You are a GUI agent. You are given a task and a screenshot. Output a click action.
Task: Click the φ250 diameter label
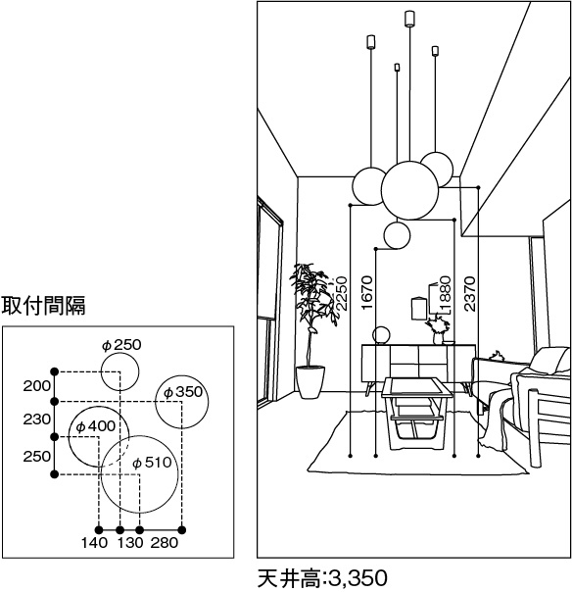coord(121,345)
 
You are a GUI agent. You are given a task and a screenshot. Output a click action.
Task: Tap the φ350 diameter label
coord(183,392)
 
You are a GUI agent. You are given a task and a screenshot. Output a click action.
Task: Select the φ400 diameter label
coord(95,426)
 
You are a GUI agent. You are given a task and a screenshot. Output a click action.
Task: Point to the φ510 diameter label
coord(152,463)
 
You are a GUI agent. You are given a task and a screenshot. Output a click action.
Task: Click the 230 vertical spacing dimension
coord(36,419)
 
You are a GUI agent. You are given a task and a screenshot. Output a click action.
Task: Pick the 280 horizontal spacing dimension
coord(165,543)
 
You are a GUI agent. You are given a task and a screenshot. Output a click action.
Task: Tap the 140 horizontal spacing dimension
coord(94,543)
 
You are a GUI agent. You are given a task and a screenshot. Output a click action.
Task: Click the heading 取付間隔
coord(43,305)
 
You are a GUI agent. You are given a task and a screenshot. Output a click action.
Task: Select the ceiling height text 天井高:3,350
coord(322,578)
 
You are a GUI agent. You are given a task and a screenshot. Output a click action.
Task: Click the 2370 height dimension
coord(470,294)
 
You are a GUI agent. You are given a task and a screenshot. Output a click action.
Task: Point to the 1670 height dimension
coord(366,293)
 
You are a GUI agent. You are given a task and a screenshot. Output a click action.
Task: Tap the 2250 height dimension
coord(341,294)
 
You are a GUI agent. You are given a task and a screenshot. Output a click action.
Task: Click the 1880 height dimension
coord(446,294)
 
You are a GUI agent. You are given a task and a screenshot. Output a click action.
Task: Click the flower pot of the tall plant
coord(310,381)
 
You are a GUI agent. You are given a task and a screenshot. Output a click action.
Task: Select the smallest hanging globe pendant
coord(397,235)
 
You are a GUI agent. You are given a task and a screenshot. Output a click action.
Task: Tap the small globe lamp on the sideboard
coord(381,335)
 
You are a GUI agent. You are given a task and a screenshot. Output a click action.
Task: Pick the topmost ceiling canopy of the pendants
coord(409,19)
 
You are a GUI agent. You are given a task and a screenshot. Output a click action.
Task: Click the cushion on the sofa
coord(550,361)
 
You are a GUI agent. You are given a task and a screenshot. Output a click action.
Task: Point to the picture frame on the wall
coord(417,309)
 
